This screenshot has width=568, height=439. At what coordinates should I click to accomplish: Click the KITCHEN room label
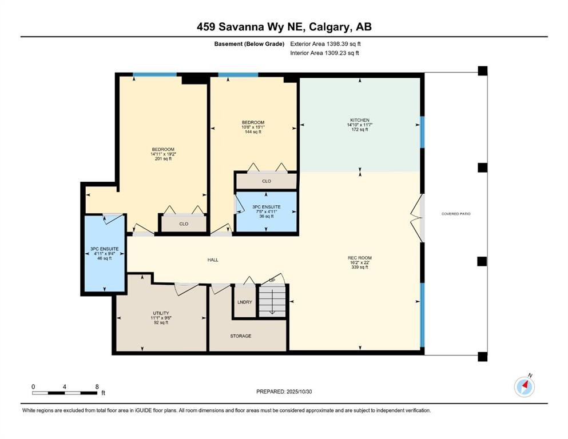pyautogui.click(x=360, y=120)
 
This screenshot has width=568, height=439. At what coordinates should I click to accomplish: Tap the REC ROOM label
pyautogui.click(x=360, y=258)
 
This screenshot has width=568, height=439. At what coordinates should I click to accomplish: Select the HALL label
pyautogui.click(x=213, y=260)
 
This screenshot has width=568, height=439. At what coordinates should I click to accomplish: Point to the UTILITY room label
pyautogui.click(x=161, y=313)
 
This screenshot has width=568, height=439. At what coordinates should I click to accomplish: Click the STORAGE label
pyautogui.click(x=241, y=336)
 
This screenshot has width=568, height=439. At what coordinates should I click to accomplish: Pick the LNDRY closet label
pyautogui.click(x=245, y=302)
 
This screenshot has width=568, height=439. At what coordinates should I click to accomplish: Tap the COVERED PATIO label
pyautogui.click(x=456, y=214)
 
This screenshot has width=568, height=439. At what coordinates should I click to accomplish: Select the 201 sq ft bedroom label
pyautogui.click(x=163, y=154)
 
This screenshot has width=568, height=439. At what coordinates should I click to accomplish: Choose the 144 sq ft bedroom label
pyautogui.click(x=253, y=127)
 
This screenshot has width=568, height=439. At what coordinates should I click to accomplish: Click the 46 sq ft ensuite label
pyautogui.click(x=104, y=254)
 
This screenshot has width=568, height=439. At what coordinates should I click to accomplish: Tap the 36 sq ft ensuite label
pyautogui.click(x=267, y=211)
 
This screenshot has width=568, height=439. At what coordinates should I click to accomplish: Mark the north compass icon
pyautogui.click(x=525, y=386)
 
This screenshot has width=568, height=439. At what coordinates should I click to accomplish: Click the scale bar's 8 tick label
pyautogui.click(x=97, y=386)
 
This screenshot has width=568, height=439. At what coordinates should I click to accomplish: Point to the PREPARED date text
pyautogui.click(x=284, y=392)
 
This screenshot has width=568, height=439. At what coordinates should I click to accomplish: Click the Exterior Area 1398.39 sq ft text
pyautogui.click(x=325, y=44)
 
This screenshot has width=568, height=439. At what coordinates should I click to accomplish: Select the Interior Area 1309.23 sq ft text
pyautogui.click(x=324, y=53)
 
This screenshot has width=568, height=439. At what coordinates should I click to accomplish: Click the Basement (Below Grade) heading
pyautogui.click(x=249, y=44)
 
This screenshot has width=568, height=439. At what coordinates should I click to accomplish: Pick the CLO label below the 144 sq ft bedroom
pyautogui.click(x=267, y=181)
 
